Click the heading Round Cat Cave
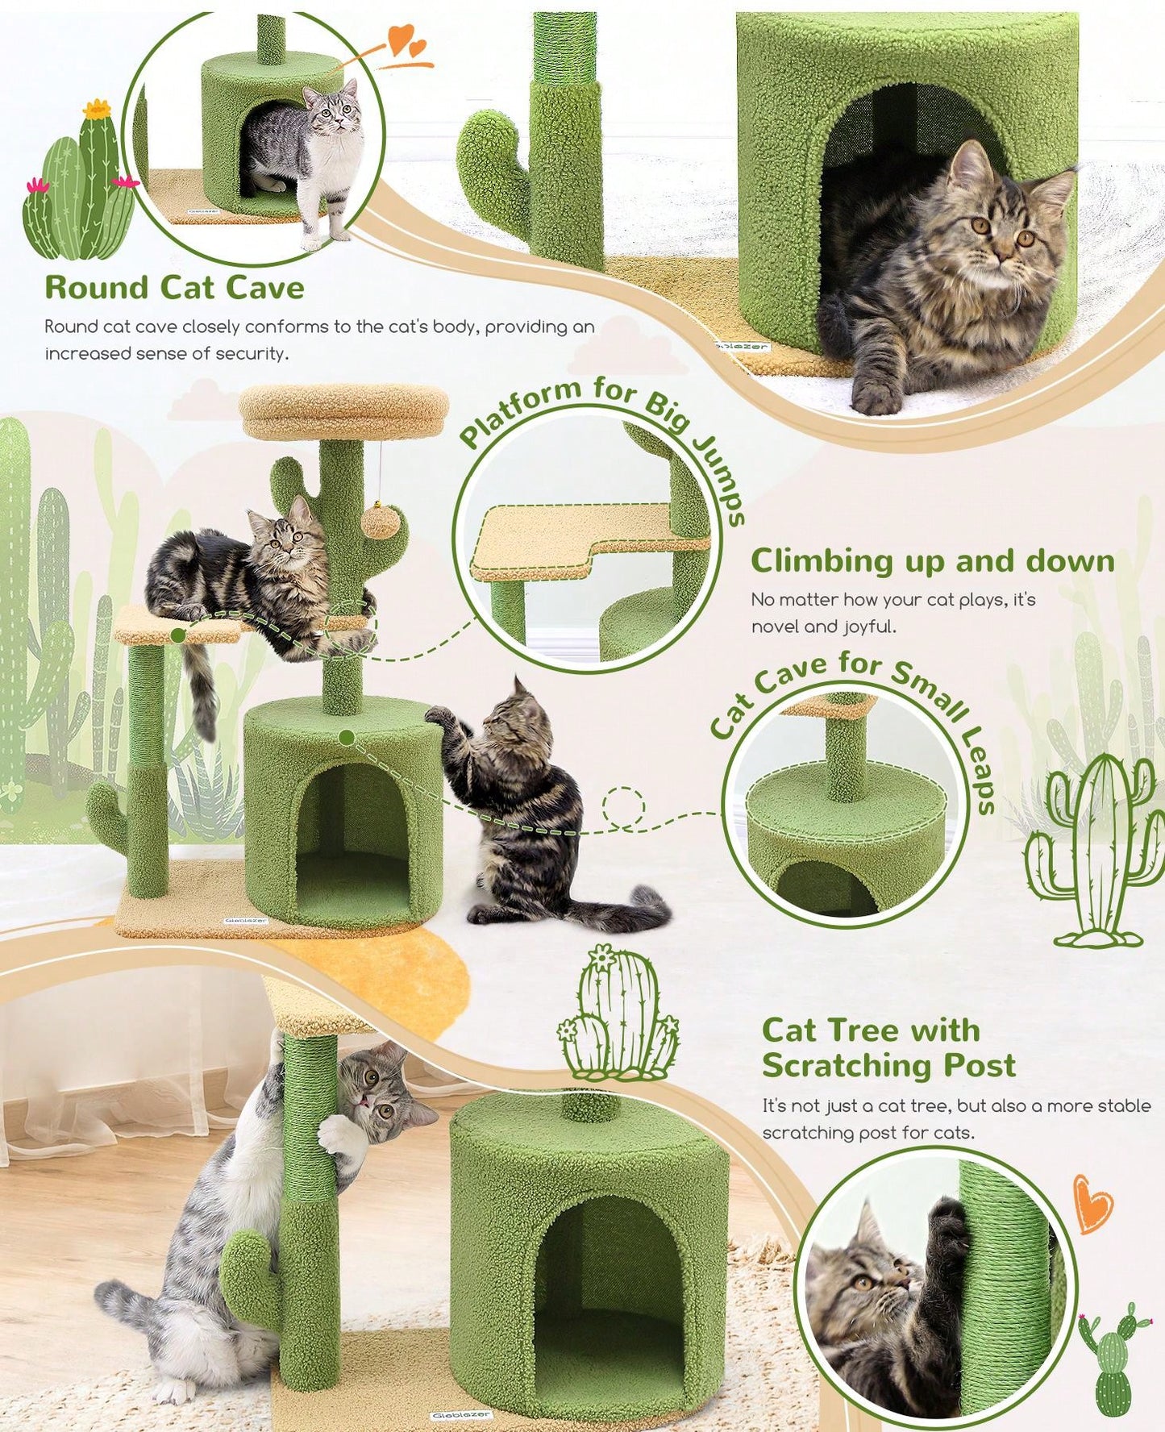coord(174,287)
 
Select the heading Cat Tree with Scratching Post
coord(888,1047)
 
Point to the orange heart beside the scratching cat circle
coord(1095,1203)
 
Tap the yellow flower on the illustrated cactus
coord(96,110)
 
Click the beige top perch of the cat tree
coord(344,410)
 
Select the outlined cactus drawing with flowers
coord(618,1013)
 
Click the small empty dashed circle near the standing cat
coord(624,806)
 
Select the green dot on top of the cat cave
coord(347,737)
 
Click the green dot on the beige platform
coord(178,636)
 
